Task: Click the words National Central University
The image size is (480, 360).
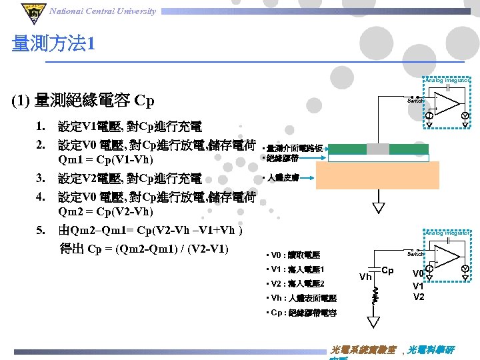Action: [103, 11]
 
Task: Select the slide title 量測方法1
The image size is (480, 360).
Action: [53, 45]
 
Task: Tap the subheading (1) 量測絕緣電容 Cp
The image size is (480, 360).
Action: [83, 101]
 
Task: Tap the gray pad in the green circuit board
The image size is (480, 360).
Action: [378, 149]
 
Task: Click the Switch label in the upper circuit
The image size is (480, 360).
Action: [415, 101]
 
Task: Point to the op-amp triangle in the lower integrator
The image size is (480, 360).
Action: [448, 254]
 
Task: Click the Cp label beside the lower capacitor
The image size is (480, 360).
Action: [388, 271]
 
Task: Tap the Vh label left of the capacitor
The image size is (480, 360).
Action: [365, 277]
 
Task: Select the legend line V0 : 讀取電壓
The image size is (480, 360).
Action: [293, 255]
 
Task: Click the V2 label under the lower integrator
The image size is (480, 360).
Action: [419, 297]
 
